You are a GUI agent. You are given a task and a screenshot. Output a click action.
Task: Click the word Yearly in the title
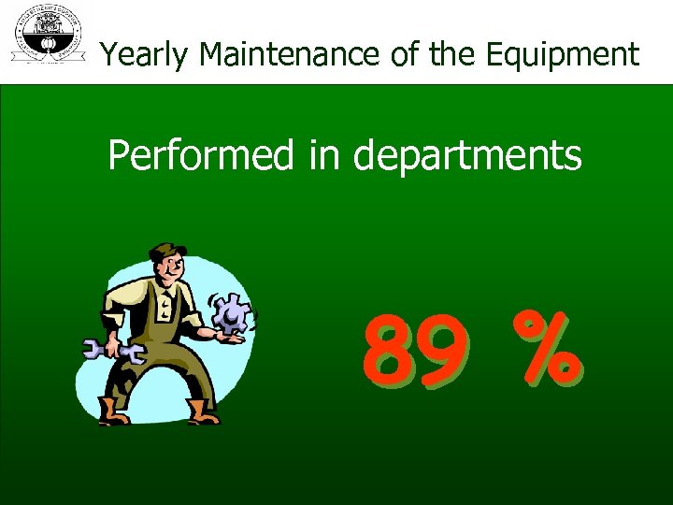146,55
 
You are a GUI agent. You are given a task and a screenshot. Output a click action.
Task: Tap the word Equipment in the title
563,55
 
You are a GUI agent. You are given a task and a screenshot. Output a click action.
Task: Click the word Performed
200,155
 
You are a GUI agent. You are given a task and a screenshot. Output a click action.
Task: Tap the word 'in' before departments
322,155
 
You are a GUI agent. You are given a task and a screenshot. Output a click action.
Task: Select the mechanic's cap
166,252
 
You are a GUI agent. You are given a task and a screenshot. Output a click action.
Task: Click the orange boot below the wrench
115,411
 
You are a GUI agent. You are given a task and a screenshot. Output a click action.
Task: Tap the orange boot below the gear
202,411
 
